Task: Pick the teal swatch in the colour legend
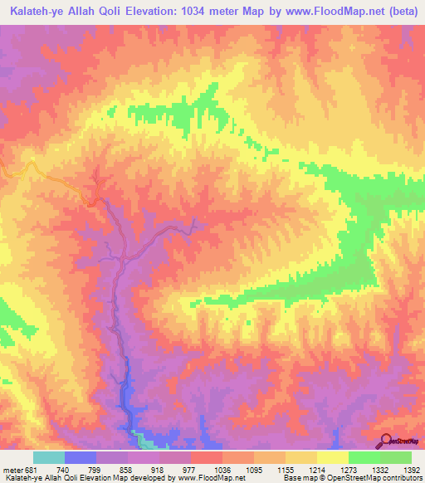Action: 49,457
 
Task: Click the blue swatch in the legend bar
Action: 81,457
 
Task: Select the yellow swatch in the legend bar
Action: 333,457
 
